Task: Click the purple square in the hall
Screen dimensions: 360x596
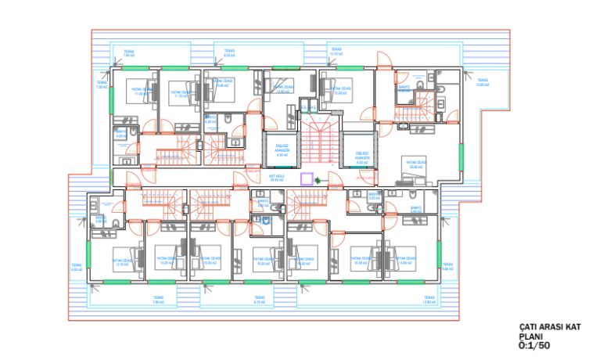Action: (307, 178)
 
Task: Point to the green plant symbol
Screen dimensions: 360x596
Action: (318, 182)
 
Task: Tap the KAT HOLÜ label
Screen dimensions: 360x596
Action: (275, 178)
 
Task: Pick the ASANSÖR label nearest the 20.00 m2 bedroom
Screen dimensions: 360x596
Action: (361, 156)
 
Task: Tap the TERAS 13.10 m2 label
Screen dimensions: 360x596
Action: (336, 52)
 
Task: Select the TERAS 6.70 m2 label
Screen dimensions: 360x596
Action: (260, 300)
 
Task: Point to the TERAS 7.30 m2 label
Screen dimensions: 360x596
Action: (102, 85)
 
